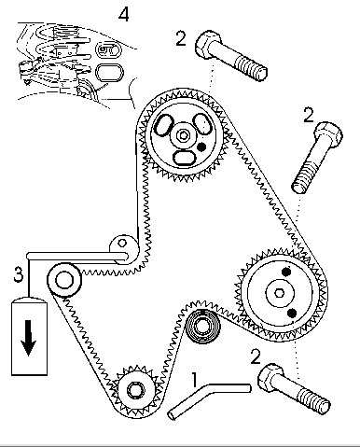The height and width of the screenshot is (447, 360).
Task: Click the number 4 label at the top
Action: [124, 15]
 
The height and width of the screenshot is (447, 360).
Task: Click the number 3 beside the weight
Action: [19, 274]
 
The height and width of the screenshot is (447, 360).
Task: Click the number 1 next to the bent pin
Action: [194, 380]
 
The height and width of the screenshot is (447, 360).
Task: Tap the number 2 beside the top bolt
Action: [181, 38]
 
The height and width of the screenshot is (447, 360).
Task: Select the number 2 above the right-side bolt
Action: [309, 115]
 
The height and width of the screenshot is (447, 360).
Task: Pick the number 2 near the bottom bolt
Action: [256, 356]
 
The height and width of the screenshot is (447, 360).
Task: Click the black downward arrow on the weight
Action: [29, 338]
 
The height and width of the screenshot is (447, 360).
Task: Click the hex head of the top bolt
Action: [208, 44]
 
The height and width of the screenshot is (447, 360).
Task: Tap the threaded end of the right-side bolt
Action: [306, 176]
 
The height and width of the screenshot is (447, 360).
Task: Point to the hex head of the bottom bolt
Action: [270, 377]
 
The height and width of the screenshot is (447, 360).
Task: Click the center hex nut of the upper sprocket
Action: [184, 135]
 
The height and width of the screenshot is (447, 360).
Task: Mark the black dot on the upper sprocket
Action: [201, 147]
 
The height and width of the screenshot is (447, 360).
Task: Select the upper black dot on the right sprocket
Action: [286, 272]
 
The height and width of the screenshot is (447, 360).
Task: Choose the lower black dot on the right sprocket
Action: [292, 314]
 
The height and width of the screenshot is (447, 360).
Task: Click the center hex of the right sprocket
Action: [280, 293]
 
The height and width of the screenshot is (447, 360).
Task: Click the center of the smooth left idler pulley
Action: [64, 280]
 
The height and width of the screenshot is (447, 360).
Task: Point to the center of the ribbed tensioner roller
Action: [202, 327]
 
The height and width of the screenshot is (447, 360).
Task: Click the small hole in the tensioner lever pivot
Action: [123, 243]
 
